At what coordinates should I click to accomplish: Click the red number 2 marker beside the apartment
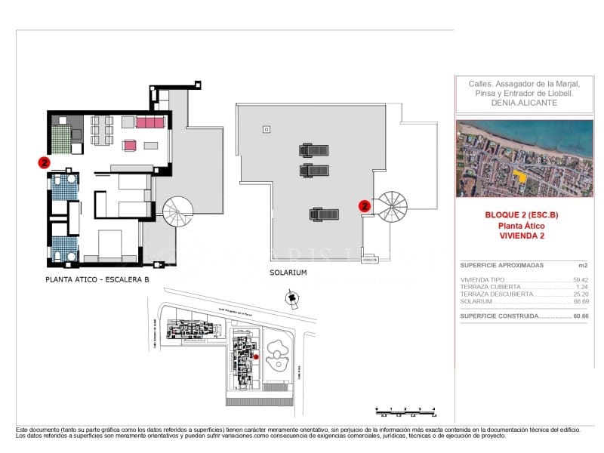click(x=45, y=162)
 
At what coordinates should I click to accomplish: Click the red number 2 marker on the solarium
click(x=365, y=205)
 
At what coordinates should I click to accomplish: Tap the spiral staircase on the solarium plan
click(x=392, y=206)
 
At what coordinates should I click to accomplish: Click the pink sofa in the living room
click(x=149, y=122)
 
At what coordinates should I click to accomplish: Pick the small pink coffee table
click(x=129, y=145)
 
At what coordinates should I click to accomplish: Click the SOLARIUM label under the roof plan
click(x=288, y=273)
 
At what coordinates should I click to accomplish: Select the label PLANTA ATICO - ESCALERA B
click(x=97, y=280)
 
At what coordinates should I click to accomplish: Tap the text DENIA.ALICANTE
click(x=523, y=103)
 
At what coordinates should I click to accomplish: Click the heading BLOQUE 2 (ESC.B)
click(x=522, y=215)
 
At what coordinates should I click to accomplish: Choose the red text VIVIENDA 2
click(x=522, y=236)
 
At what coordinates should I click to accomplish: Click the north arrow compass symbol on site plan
click(x=291, y=300)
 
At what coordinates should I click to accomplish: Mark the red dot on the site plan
click(x=256, y=356)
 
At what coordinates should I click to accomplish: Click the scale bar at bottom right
click(x=405, y=411)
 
